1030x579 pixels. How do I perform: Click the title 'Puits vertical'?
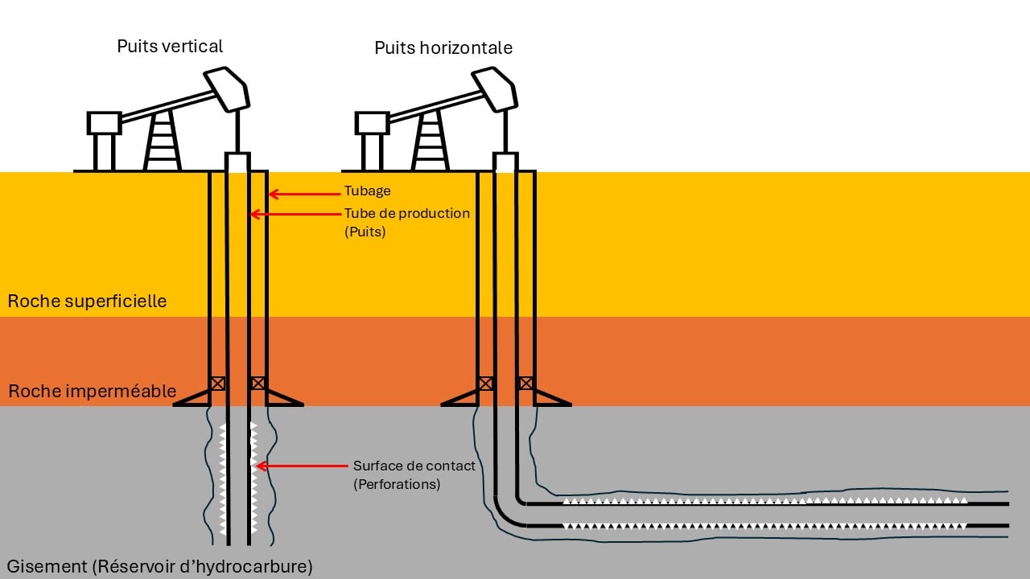[x=170, y=46]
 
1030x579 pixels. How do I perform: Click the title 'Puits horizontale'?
[x=443, y=48]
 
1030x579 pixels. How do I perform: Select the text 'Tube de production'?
[x=406, y=214]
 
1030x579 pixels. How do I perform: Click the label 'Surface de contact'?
[x=414, y=466]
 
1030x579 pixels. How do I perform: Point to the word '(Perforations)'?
[x=397, y=485]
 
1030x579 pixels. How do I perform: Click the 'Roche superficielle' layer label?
[x=87, y=302]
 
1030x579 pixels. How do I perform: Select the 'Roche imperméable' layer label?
[x=92, y=392]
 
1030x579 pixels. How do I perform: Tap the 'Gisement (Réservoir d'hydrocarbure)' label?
[x=159, y=566]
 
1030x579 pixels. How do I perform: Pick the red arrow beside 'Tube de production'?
[x=293, y=214]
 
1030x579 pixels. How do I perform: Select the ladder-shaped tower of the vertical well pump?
[x=163, y=142]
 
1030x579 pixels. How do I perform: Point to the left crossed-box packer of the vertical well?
[x=217, y=384]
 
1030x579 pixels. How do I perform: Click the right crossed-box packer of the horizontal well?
[x=525, y=384]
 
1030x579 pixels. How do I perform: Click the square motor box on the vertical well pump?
[x=104, y=123]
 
